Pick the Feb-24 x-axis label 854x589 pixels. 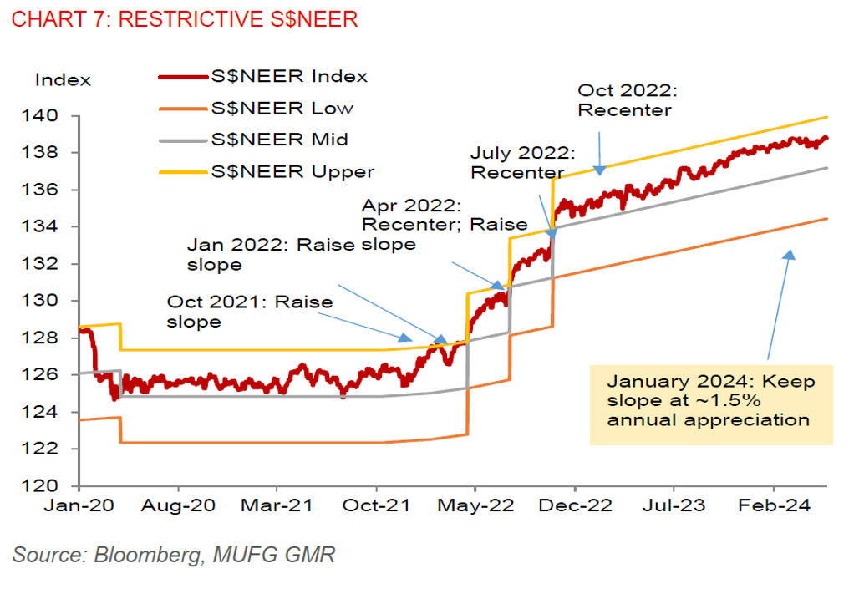[773, 506]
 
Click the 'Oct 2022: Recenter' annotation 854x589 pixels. [625, 99]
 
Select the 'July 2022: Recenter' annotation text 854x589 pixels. [522, 163]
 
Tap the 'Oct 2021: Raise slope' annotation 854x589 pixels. [250, 312]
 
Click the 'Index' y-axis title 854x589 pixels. [63, 80]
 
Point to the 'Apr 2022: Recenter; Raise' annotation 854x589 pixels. [444, 215]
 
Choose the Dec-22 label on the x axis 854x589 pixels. [575, 506]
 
